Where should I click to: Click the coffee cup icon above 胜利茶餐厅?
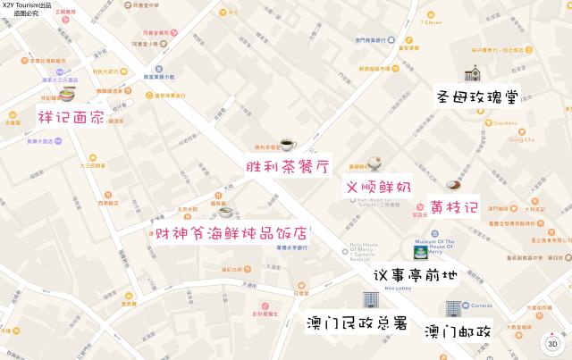pos(287,144)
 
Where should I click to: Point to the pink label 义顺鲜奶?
pos(379,188)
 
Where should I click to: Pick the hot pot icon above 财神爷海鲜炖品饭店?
pos(226,212)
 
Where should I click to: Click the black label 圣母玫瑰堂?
pos(478,96)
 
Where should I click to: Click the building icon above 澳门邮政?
pos(452,308)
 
